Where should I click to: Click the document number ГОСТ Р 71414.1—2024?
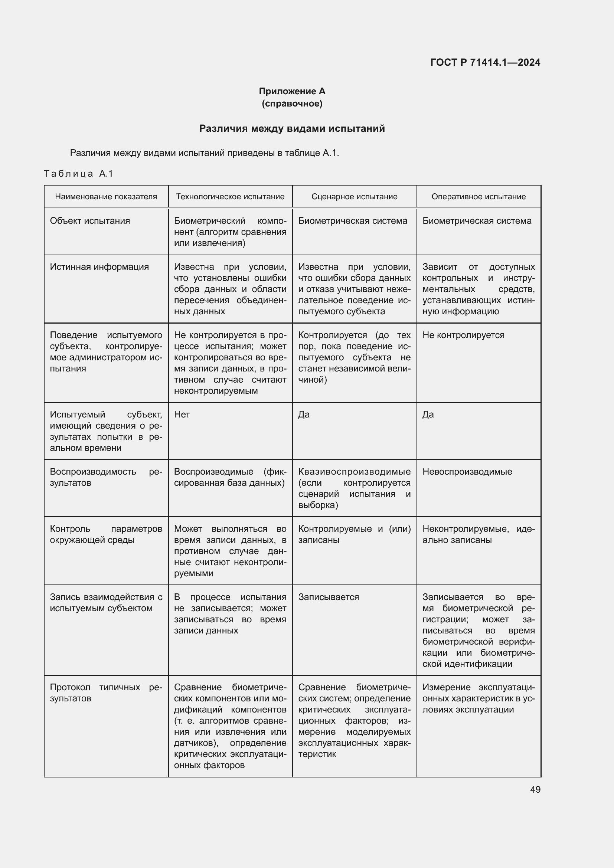pos(485,62)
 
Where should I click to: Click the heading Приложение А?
pos(292,91)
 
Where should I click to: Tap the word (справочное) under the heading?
pos(292,104)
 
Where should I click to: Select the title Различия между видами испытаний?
pos(292,128)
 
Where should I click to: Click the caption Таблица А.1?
pos(78,174)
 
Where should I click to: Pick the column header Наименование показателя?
pos(106,197)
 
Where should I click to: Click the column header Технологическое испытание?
pos(230,197)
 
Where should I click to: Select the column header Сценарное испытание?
pos(354,197)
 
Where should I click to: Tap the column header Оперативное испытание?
pos(478,197)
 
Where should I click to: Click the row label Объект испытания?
pos(90,221)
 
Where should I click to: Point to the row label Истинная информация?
pos(99,267)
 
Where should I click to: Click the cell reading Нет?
pos(182,415)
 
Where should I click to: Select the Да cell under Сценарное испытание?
pos(304,415)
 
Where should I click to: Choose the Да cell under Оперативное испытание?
pos(428,415)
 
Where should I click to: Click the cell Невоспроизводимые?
pos(467,471)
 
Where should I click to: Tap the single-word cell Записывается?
pos(329,597)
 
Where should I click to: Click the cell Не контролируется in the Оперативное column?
pos(463,335)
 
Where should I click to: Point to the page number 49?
pos(535,789)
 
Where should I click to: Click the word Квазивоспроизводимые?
pos(354,471)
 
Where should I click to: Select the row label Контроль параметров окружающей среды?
pos(106,534)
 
